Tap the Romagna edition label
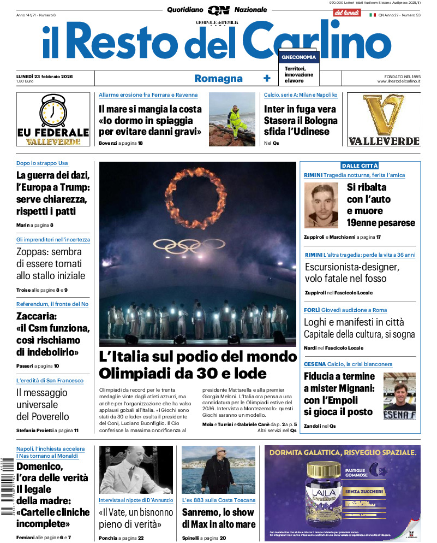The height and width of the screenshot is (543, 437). point(218,78)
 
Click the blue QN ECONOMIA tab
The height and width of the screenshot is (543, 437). point(298,57)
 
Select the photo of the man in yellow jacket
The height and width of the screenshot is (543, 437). point(232,119)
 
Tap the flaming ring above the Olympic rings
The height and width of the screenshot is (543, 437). point(196,197)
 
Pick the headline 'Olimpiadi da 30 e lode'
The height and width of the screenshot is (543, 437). point(183,374)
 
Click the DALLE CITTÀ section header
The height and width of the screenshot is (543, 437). point(360,166)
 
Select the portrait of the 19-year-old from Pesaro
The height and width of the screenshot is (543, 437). point(321,205)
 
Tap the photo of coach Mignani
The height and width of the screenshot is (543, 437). point(399,396)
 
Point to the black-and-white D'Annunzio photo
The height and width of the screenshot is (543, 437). point(136,470)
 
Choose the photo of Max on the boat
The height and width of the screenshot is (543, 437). point(218,470)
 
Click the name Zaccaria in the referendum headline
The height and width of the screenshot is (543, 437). point(37,316)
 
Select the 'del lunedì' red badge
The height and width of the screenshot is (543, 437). point(346,12)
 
